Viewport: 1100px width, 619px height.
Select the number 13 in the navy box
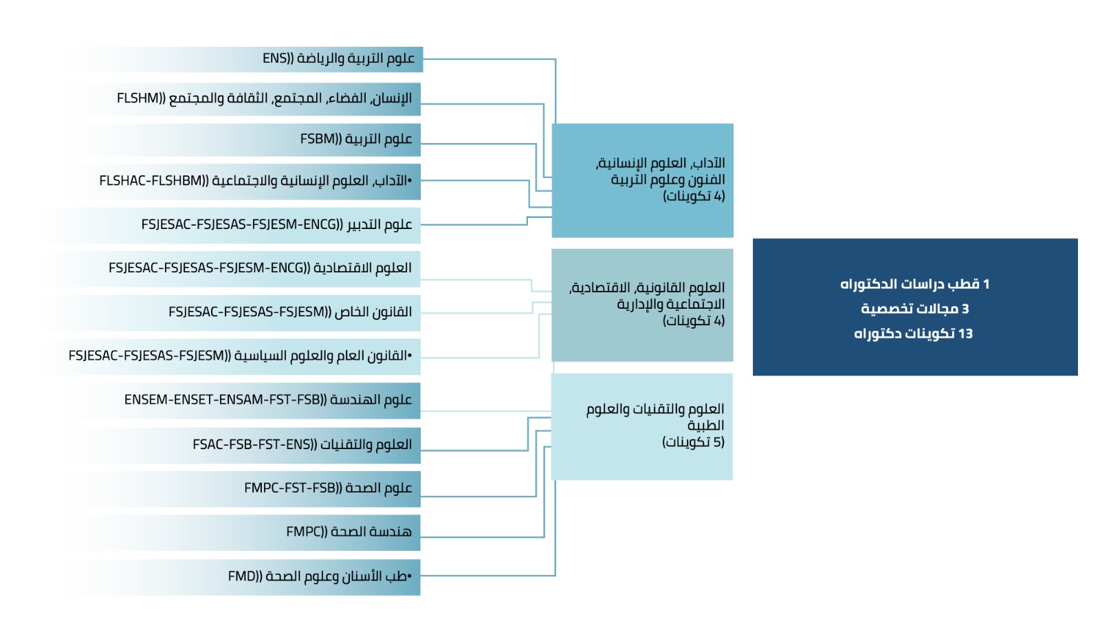[965, 334]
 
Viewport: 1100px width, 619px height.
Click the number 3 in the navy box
[965, 309]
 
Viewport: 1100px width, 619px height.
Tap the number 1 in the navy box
[986, 284]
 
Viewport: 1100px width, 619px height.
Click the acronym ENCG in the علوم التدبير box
[320, 225]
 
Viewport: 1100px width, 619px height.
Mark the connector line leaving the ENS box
[488, 60]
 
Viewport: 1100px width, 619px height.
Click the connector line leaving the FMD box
[488, 576]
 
